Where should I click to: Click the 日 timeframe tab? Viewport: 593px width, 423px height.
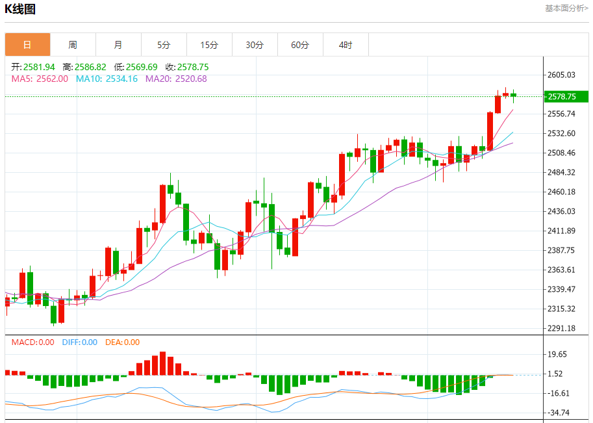coord(27,45)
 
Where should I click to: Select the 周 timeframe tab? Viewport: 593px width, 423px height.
coord(73,45)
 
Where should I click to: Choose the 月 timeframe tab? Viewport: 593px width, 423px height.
coord(118,45)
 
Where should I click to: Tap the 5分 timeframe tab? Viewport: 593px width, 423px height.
coord(164,45)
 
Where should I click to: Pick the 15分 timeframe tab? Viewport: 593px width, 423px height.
coord(209,45)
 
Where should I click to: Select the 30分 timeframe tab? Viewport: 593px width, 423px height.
coord(255,45)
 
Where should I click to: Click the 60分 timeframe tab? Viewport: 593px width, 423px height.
coord(300,45)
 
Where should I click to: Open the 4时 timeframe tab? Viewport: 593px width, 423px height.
coord(346,45)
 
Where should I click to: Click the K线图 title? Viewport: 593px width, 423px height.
coord(20,9)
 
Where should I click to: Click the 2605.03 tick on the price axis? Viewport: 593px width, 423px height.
coord(562,75)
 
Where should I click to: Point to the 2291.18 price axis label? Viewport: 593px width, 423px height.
coord(562,328)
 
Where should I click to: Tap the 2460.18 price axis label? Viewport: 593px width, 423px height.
coord(562,192)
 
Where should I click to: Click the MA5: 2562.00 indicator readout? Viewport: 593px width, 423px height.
coord(40,79)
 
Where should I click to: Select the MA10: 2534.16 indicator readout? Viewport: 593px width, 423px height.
coord(107,79)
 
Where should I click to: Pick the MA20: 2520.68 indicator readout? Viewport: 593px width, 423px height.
coord(176,79)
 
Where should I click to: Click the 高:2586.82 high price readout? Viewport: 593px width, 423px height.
coord(84,67)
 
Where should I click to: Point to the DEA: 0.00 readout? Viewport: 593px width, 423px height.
coord(122,342)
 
